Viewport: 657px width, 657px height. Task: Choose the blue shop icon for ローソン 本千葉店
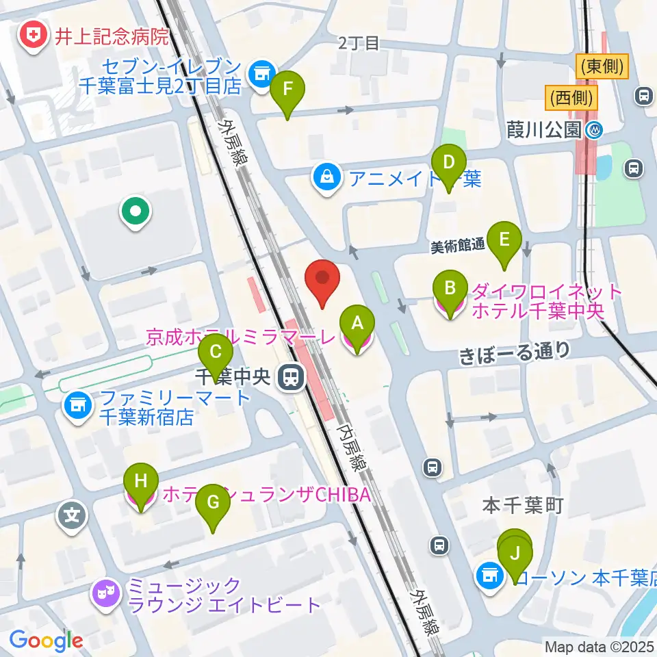[x=489, y=576]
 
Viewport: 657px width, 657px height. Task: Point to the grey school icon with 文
[x=73, y=513]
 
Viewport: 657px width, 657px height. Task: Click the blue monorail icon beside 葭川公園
[x=595, y=129]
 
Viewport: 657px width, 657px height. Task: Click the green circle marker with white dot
[x=135, y=211]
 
